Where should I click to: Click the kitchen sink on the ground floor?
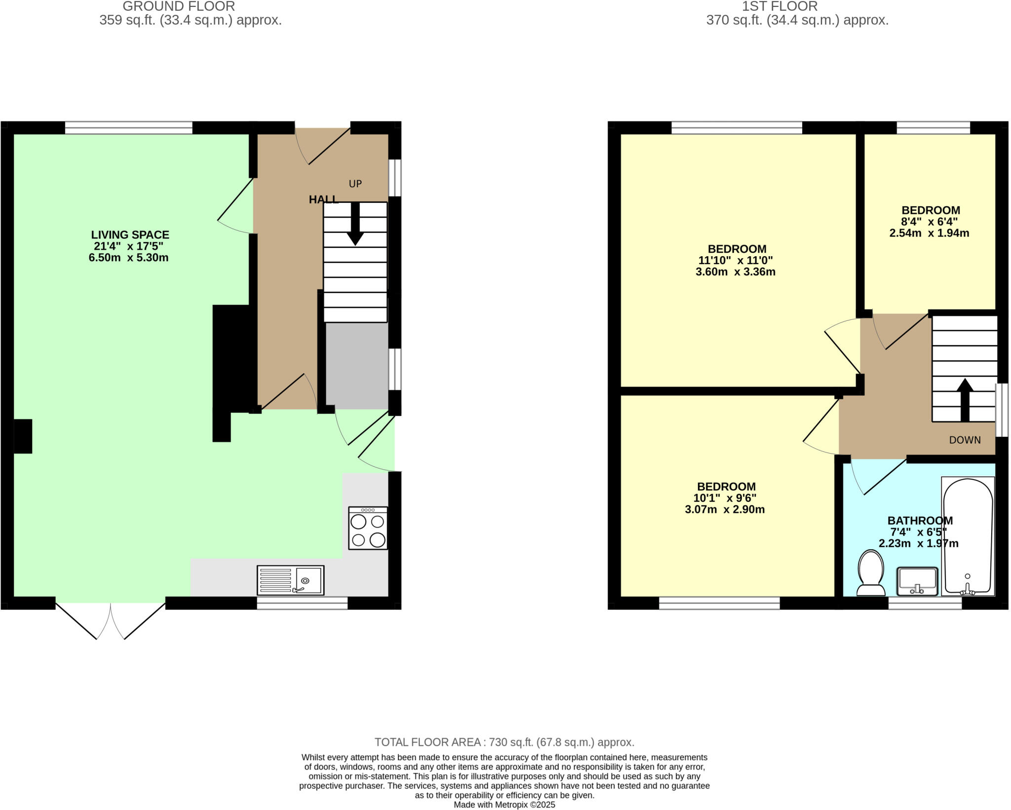point(290,580)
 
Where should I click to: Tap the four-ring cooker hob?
point(368,528)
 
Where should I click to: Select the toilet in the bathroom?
point(871,574)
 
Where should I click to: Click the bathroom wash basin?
point(917,581)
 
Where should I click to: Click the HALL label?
point(323,199)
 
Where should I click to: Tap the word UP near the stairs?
point(355,184)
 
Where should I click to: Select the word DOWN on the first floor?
point(965,440)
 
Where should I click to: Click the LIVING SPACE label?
point(130,235)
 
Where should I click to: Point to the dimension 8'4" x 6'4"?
point(930,222)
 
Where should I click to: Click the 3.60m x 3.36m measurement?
point(736,271)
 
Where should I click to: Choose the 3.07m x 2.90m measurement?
point(725,509)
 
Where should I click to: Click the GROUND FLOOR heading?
point(179,6)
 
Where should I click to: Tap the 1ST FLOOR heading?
point(779,6)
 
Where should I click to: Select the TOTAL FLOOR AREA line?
point(505,742)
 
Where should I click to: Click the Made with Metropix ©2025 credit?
point(505,805)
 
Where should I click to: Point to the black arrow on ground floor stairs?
point(355,225)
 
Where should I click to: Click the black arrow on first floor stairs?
point(965,399)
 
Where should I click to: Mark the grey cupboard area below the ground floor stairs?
point(356,366)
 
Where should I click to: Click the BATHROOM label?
point(920,520)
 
